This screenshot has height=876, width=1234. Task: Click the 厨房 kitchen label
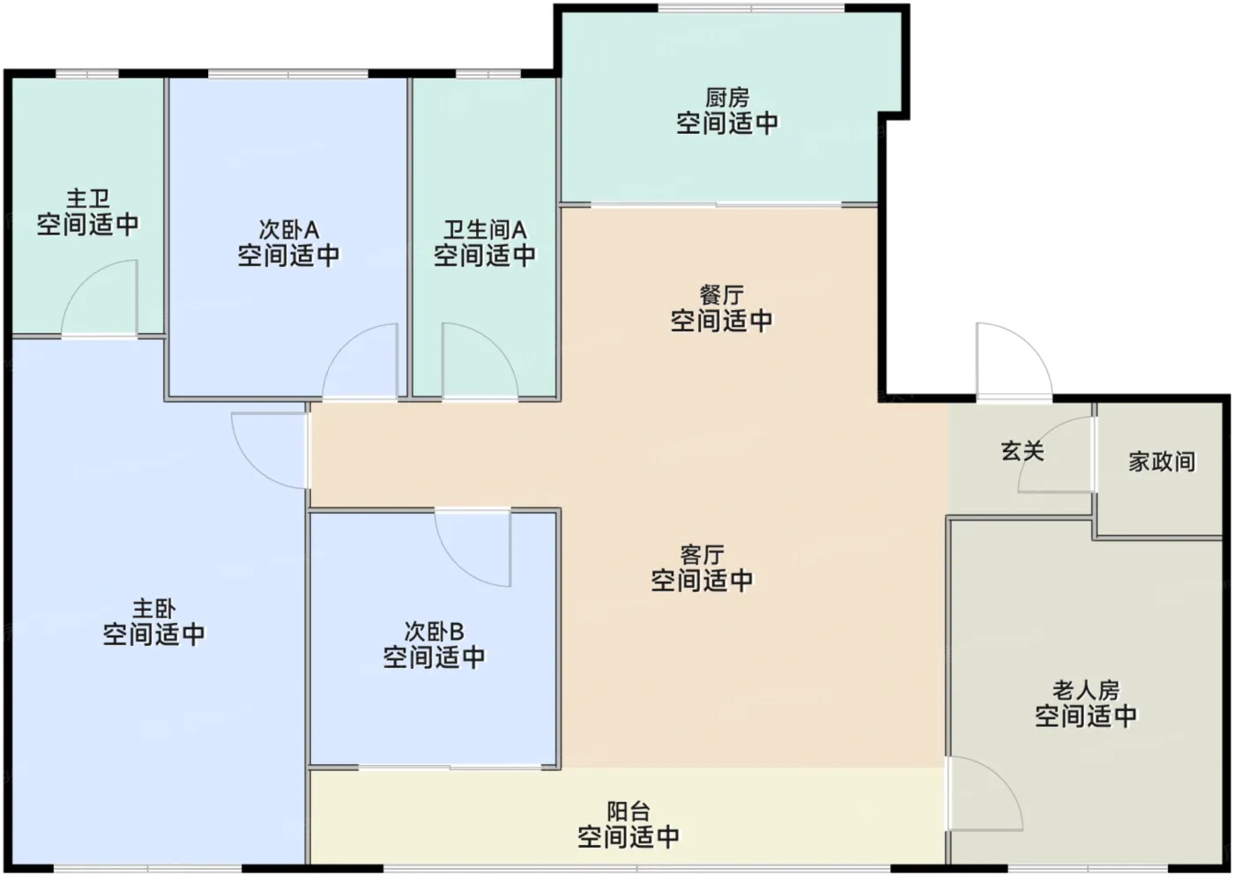tap(727, 98)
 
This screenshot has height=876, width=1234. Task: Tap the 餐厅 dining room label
tap(722, 295)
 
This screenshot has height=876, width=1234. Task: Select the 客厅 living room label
tap(702, 555)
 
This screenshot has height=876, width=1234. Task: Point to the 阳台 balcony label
tap(628, 812)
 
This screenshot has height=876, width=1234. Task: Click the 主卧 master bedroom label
tap(154, 609)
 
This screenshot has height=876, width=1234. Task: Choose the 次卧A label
tap(289, 229)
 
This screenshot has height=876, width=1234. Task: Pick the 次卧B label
tap(434, 631)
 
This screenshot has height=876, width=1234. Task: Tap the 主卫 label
tap(88, 198)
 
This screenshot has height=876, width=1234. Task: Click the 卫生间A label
tap(485, 230)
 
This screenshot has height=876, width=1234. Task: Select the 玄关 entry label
tap(1022, 452)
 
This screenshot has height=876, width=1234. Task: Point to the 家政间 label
tap(1162, 462)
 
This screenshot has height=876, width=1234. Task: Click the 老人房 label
tap(1086, 690)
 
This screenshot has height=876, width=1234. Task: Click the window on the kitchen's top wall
tap(751, 8)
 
